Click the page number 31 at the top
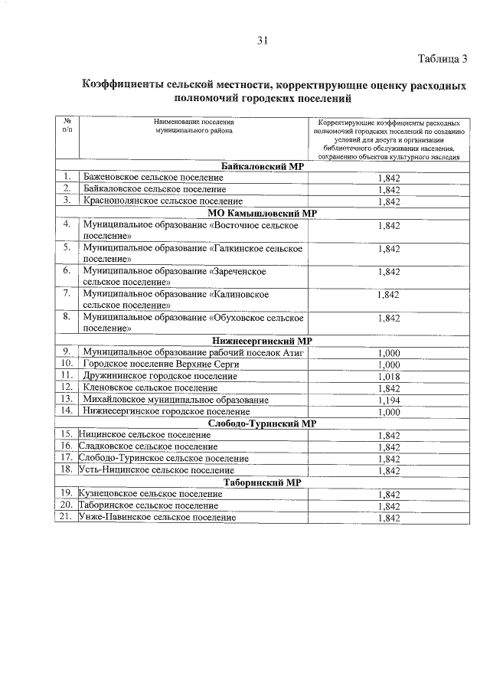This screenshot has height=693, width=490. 261,41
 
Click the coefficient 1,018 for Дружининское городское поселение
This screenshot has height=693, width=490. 389,376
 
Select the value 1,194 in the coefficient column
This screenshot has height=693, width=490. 389,400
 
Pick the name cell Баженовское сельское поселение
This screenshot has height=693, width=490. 154,177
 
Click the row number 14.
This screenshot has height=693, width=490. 67,411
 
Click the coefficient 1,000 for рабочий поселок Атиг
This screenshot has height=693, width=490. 389,353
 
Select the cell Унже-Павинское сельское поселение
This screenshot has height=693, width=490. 157,518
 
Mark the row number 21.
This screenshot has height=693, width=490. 67,518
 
